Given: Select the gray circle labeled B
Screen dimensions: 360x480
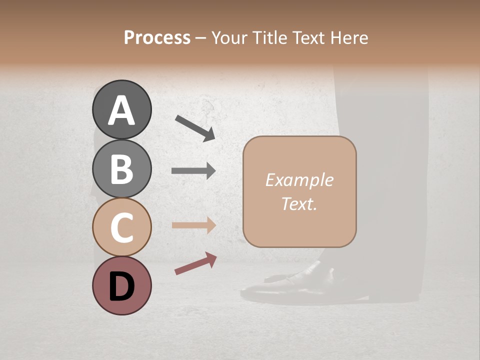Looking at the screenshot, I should (121, 168).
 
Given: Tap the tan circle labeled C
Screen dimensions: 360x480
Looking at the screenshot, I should (121, 227).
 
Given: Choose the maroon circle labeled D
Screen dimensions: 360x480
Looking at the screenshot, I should (121, 285).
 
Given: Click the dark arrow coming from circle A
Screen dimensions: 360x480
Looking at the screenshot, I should (195, 128).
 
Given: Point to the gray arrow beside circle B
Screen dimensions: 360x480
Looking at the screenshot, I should (193, 170).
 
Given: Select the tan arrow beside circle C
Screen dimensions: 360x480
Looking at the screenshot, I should (193, 225).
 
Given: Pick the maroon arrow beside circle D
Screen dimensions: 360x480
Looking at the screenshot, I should (195, 263).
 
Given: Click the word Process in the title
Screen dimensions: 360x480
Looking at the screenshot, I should (157, 37).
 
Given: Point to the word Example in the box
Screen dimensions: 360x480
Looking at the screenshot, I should (299, 180).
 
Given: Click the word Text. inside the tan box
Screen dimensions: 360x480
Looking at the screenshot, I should (299, 203).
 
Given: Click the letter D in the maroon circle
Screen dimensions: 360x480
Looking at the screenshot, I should (121, 286).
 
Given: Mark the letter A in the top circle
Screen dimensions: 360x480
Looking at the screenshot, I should (121, 110).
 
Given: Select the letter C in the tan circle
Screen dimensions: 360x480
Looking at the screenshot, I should (121, 227).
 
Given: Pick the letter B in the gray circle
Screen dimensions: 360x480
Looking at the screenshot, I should (121, 169).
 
